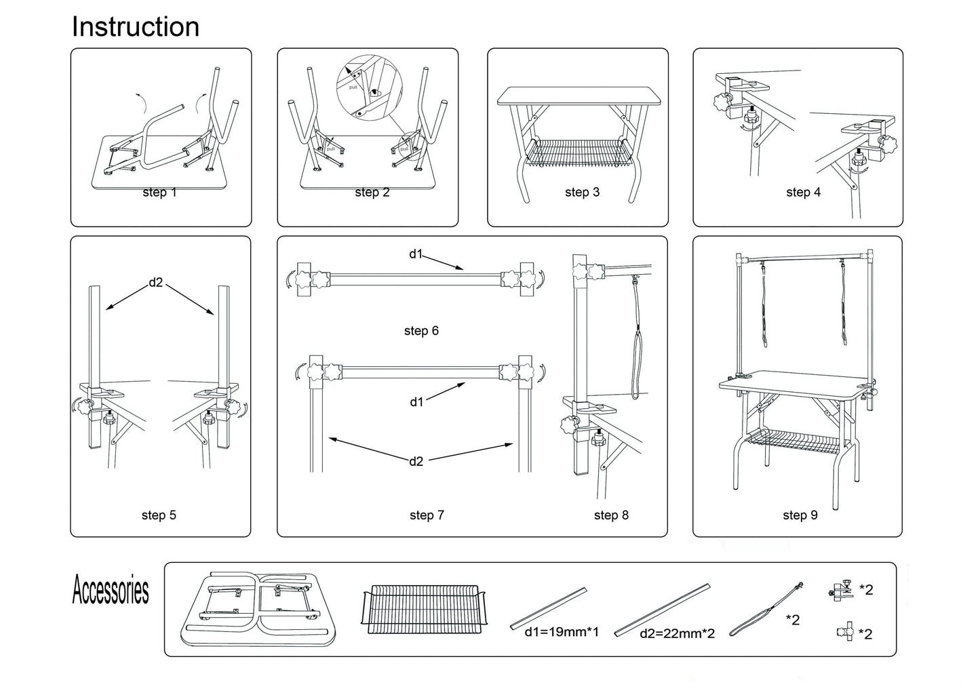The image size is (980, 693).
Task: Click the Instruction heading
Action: (x=136, y=27)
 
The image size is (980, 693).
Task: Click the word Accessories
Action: (x=111, y=590)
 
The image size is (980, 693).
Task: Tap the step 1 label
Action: (x=159, y=193)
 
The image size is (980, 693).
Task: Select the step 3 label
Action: (x=582, y=193)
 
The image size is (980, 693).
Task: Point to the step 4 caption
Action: (x=803, y=193)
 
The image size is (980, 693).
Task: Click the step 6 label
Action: (x=421, y=331)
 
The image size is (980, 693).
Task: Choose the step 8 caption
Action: (x=611, y=515)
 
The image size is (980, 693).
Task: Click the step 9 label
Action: (x=800, y=515)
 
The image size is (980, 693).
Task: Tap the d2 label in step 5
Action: (x=156, y=282)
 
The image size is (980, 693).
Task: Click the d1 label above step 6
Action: (x=416, y=254)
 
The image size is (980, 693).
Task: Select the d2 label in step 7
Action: (x=416, y=461)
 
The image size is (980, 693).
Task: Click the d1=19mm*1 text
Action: (x=562, y=632)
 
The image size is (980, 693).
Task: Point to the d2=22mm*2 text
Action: (x=677, y=634)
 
